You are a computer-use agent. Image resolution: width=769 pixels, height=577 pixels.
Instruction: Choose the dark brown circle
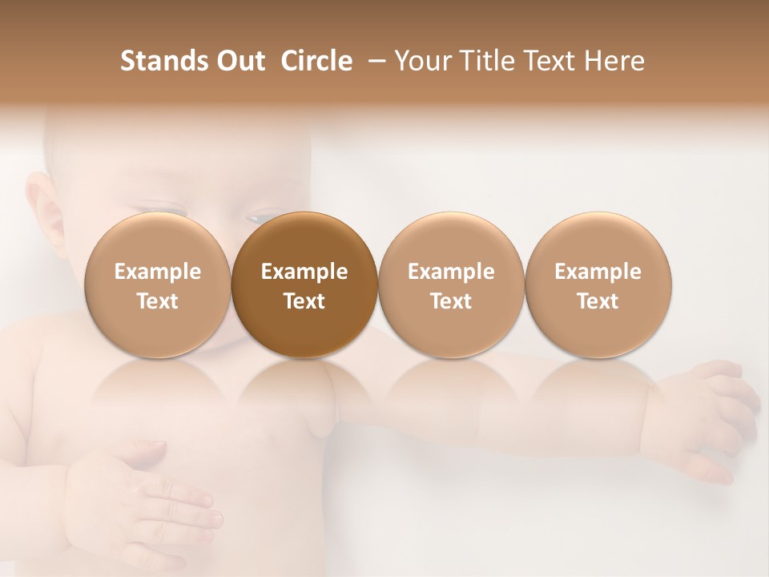[304, 284]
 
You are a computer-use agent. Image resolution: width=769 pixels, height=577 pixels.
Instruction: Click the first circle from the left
[157, 284]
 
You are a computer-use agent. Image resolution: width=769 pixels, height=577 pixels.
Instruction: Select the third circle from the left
[451, 284]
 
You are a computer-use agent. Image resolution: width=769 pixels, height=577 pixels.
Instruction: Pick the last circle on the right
[598, 284]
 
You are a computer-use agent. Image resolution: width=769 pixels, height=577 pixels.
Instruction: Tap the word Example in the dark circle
[304, 272]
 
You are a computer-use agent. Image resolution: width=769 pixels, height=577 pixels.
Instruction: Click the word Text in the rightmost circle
[598, 301]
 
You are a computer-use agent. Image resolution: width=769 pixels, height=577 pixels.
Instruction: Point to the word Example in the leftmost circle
[157, 272]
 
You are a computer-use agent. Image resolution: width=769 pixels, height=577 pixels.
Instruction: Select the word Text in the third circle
[451, 301]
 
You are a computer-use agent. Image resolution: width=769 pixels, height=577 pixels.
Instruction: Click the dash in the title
[373, 61]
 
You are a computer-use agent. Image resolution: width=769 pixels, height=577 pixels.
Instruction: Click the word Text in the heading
[550, 61]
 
